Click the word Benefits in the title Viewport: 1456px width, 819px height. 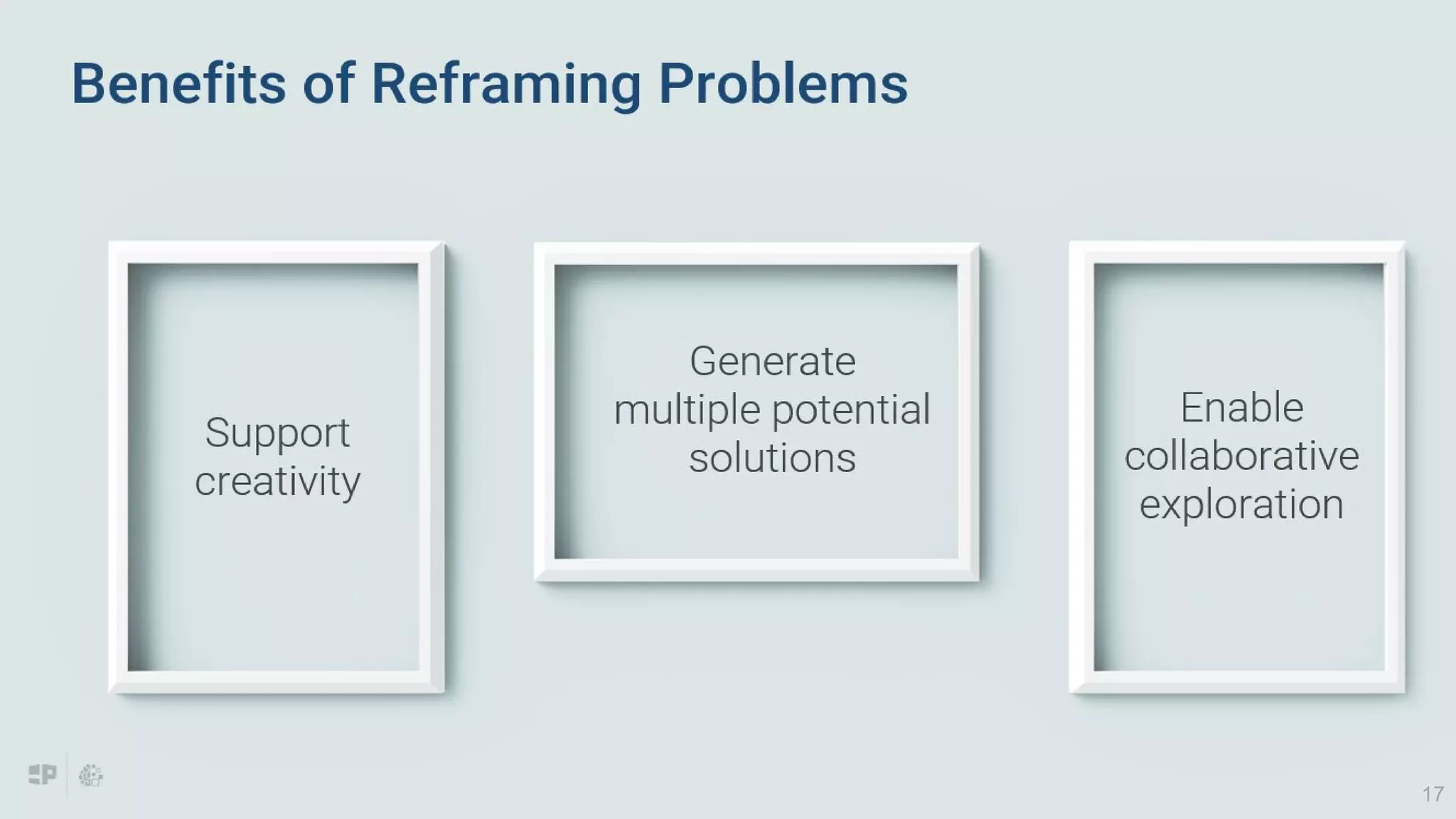pyautogui.click(x=178, y=84)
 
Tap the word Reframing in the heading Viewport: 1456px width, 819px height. pyautogui.click(x=505, y=84)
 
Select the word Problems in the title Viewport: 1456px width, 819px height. pyautogui.click(x=783, y=84)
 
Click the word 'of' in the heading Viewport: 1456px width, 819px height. pyautogui.click(x=328, y=84)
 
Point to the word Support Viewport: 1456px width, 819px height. pyautogui.click(x=277, y=433)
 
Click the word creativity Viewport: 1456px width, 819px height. pyautogui.click(x=277, y=481)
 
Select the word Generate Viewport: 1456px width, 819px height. pyautogui.click(x=772, y=361)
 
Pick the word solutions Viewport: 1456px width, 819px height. pyautogui.click(x=772, y=458)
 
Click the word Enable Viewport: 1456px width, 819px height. pyautogui.click(x=1241, y=407)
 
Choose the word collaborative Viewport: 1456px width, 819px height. pyautogui.click(x=1241, y=456)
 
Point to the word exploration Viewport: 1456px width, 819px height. pyautogui.click(x=1241, y=504)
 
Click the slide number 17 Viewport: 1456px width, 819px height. pyautogui.click(x=1433, y=794)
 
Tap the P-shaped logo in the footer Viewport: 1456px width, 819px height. pyautogui.click(x=43, y=774)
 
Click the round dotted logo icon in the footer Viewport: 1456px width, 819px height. pyautogui.click(x=90, y=776)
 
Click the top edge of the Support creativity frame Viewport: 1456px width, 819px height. pyautogui.click(x=276, y=252)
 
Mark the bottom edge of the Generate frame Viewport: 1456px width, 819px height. pyautogui.click(x=756, y=569)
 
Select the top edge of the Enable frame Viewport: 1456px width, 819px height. pyautogui.click(x=1237, y=252)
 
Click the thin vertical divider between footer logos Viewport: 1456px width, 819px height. pyautogui.click(x=67, y=775)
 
